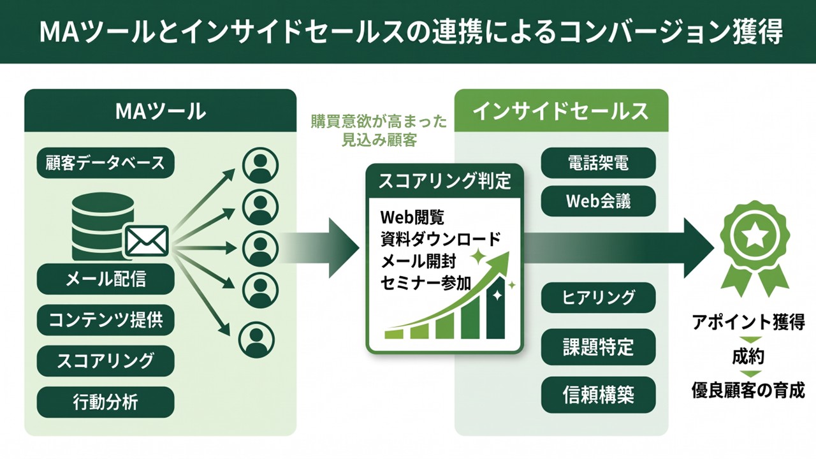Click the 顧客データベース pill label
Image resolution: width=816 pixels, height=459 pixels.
coord(106,163)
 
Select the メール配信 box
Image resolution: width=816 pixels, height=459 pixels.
coord(106,279)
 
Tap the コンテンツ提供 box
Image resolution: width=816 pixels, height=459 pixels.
coord(106,320)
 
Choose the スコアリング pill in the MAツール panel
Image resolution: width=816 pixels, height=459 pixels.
coord(106,361)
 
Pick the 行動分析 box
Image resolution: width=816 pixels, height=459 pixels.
coord(106,402)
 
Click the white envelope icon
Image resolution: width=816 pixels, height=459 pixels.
coord(147,241)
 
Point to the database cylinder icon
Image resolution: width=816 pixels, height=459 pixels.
coord(98,226)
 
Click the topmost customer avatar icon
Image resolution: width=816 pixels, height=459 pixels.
coord(260,165)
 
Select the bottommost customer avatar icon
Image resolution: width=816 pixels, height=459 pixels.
coord(256,340)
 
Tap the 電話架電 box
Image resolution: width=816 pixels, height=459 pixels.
coord(598,163)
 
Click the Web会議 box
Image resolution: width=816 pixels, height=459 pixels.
coord(598,201)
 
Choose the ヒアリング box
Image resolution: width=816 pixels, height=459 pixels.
coord(598,297)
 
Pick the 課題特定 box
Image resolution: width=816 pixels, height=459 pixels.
coord(598,347)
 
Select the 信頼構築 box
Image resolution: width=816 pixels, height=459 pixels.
coord(598,395)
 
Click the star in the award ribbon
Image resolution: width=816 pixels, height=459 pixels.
coord(755,236)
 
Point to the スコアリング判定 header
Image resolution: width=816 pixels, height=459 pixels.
coord(444,181)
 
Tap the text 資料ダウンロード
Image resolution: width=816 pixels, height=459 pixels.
coord(441,240)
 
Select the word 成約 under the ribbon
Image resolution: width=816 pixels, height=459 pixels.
coord(748,357)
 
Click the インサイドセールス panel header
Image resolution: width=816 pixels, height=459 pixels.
coord(561,110)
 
